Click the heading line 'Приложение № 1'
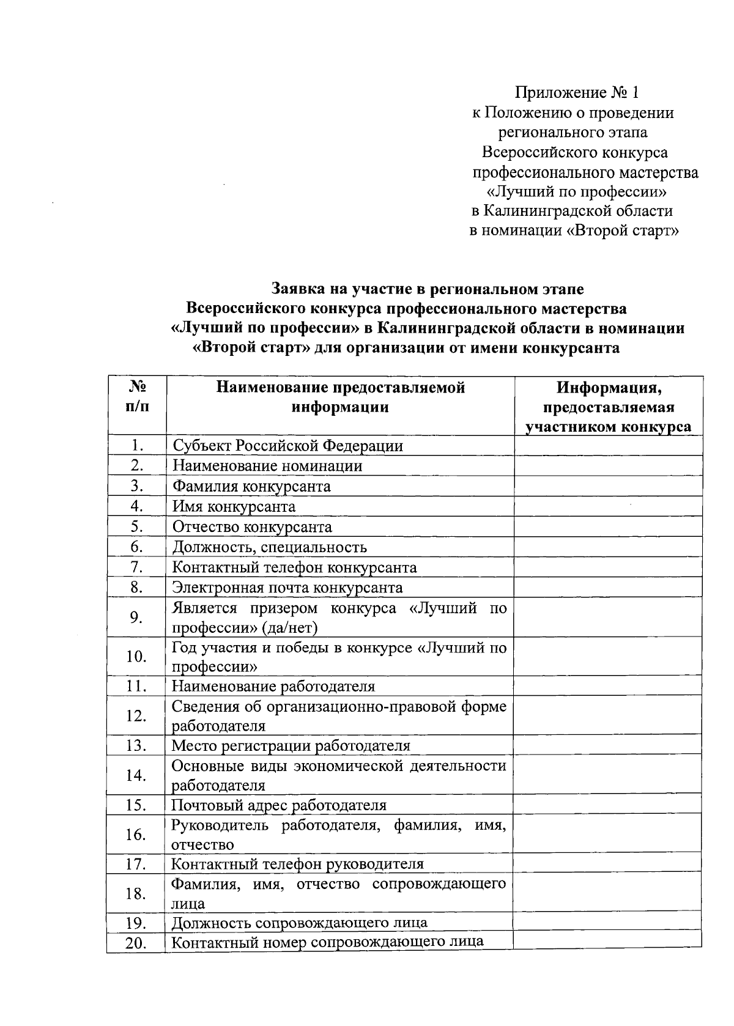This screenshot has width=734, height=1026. pos(577,93)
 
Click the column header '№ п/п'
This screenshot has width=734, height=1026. pos(137,396)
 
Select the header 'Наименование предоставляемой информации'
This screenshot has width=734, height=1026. pos(340,397)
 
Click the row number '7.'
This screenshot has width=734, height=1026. pos(136,567)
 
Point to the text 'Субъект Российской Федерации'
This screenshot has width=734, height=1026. pos(287,445)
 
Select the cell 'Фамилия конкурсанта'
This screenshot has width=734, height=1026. pos(251,486)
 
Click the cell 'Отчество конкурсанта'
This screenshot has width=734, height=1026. pos(252,526)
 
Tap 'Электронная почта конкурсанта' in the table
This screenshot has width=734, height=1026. pos(287,588)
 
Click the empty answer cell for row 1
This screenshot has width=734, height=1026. pos(608,445)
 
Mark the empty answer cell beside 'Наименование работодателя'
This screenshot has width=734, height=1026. pos(608,685)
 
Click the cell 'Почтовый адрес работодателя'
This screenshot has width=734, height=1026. pos(279,805)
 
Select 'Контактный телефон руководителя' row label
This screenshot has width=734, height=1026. pos(297,864)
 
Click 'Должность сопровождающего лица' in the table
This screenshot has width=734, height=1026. pos(299,922)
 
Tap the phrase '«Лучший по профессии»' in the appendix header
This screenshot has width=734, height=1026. pos(576,192)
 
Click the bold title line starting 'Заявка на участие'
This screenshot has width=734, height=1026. pos(428,288)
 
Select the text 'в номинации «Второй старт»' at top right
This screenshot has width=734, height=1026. pos(574,231)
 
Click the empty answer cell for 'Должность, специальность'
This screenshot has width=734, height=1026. pos(608,547)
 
